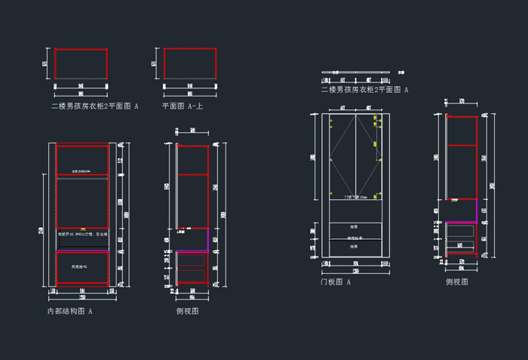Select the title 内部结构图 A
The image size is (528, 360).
tap(69, 310)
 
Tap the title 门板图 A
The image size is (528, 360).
tap(336, 282)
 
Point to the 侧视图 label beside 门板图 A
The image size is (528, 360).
tap(456, 282)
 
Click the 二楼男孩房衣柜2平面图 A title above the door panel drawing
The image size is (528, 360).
tap(364, 89)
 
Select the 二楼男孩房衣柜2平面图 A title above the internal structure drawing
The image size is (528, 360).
tap(94, 106)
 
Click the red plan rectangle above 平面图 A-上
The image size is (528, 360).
tap(190, 63)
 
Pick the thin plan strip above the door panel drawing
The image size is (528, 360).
tap(355, 72)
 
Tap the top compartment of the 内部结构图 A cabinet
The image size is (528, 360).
tap(82, 160)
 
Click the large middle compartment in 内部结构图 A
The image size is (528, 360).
tap(82, 202)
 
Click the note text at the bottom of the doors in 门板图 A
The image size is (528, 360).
tap(355, 197)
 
